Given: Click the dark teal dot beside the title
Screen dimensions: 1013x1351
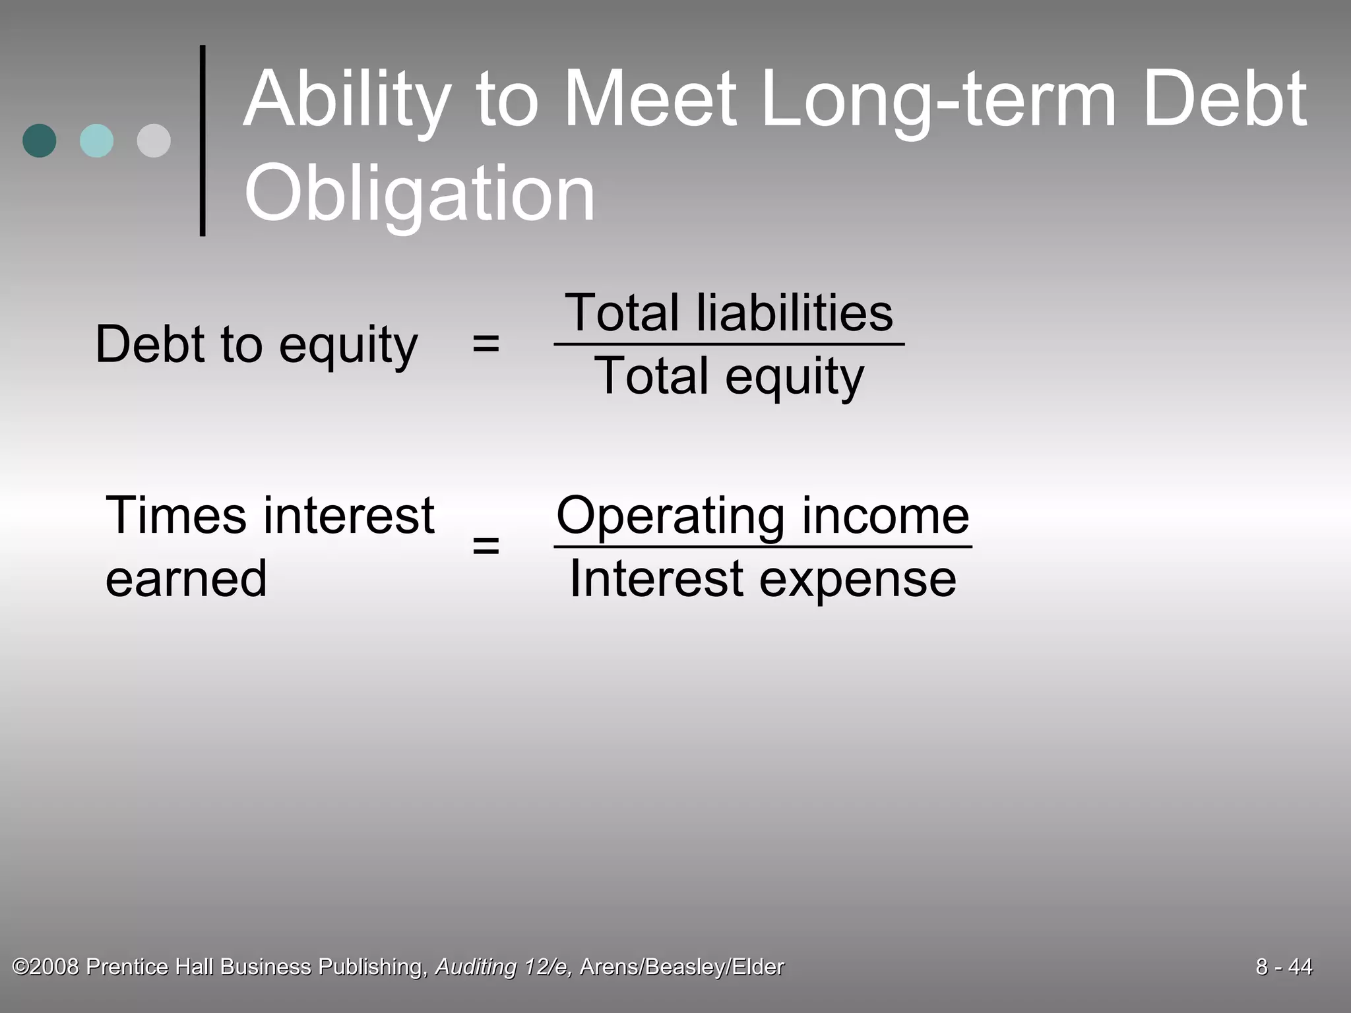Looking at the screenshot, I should [40, 140].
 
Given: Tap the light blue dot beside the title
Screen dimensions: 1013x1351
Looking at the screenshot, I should [96, 140].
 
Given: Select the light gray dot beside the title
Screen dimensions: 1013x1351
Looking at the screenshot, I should [154, 140].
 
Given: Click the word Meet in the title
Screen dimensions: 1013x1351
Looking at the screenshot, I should [650, 100].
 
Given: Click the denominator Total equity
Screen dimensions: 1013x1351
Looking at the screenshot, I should [729, 377].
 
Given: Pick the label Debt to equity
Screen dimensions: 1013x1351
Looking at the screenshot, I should [257, 344].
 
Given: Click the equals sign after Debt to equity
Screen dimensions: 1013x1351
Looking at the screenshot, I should [486, 344].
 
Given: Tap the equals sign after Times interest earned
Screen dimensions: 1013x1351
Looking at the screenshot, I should [486, 545].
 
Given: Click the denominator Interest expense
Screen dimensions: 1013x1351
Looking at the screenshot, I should [763, 579].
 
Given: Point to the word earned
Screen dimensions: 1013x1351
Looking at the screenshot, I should [186, 579].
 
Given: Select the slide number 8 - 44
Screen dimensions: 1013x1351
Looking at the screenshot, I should [1284, 967].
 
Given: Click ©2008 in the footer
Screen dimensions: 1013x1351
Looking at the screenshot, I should [46, 967].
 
